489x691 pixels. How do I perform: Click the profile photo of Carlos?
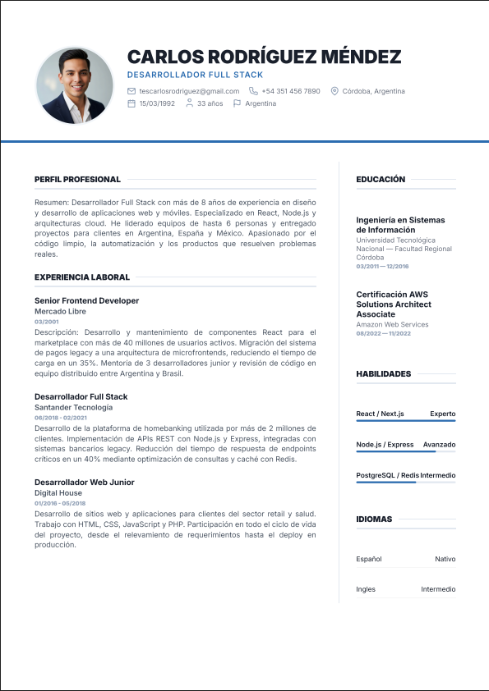click(x=75, y=85)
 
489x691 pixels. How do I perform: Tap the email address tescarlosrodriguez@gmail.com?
click(x=189, y=91)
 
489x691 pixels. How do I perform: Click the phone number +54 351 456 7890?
click(x=291, y=91)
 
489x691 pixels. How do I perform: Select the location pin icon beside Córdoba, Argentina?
click(x=334, y=91)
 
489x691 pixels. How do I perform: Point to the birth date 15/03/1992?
click(x=157, y=103)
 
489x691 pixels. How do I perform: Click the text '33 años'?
click(x=210, y=103)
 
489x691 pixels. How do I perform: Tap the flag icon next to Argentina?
click(x=238, y=103)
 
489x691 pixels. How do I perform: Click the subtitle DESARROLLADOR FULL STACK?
click(x=196, y=75)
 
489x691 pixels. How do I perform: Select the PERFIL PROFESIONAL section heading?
click(x=77, y=179)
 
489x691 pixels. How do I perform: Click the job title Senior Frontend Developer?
click(x=86, y=301)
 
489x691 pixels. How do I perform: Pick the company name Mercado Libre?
click(x=60, y=312)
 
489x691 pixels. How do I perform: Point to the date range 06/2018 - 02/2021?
click(x=60, y=418)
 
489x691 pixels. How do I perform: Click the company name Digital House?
click(x=58, y=493)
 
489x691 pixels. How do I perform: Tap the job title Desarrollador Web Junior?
click(x=85, y=483)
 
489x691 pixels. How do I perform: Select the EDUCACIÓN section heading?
click(x=381, y=179)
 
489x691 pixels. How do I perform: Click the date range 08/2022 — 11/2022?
click(x=383, y=333)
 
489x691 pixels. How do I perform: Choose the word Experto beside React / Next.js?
click(x=442, y=414)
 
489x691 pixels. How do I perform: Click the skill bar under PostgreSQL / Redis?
click(x=405, y=483)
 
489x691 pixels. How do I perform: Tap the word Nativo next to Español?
click(x=445, y=559)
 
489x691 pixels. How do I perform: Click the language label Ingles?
click(x=366, y=589)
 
